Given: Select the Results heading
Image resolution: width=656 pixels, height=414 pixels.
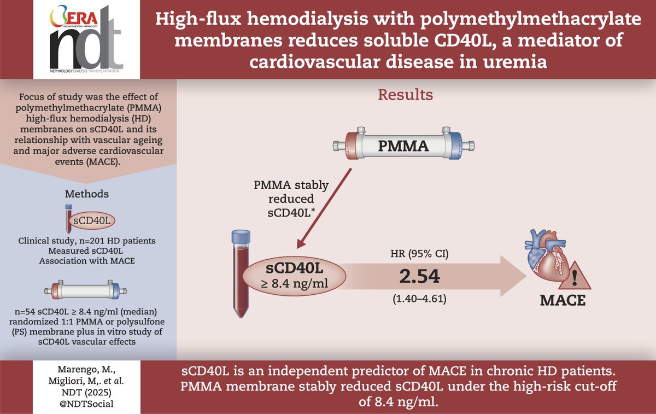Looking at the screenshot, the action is (406, 95).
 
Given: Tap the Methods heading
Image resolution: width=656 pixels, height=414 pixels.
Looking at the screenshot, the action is (86, 194).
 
